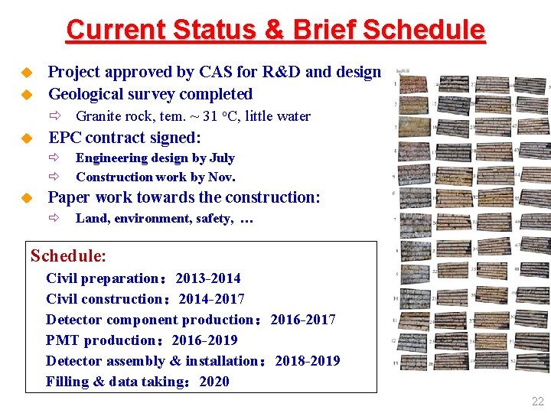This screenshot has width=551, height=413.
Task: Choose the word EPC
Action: click(65, 138)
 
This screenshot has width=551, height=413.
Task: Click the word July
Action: click(221, 158)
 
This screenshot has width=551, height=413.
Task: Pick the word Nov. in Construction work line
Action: click(222, 177)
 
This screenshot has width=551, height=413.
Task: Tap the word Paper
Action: click(70, 197)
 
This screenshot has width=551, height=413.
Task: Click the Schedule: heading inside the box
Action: click(68, 255)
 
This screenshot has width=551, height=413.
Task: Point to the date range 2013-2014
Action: click(208, 278)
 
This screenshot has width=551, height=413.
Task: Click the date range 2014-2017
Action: click(212, 299)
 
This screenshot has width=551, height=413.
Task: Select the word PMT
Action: click(62, 340)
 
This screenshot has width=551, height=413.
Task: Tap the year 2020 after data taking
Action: click(214, 382)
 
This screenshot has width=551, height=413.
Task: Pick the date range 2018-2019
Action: click(308, 361)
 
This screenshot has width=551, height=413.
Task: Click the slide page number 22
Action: click(537, 401)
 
